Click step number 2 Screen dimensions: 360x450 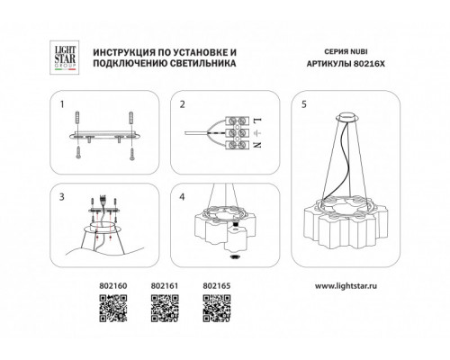tap(183, 104)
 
